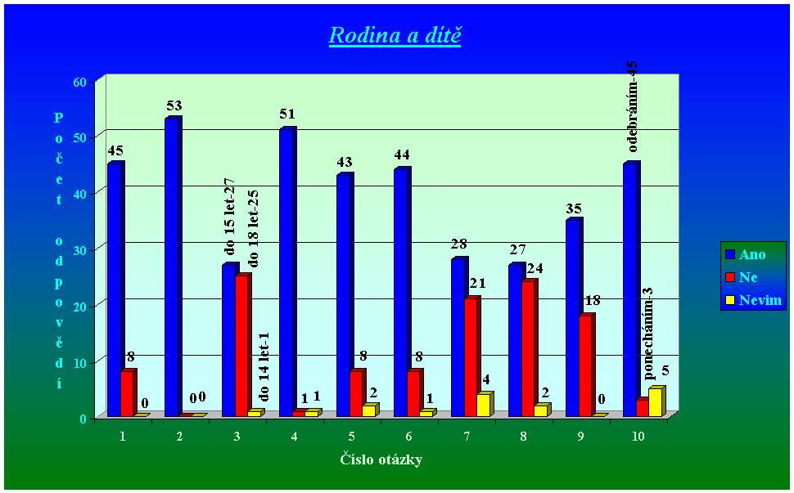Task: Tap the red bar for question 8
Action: click(x=529, y=348)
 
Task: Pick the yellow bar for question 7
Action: click(x=483, y=406)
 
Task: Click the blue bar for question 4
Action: click(x=286, y=272)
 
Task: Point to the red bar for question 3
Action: click(x=242, y=345)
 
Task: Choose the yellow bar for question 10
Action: click(x=655, y=402)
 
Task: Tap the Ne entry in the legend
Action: click(x=747, y=277)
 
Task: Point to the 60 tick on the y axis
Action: click(x=80, y=82)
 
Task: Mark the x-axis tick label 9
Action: click(x=580, y=437)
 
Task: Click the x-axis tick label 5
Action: click(x=351, y=437)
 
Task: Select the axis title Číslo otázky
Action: click(x=381, y=459)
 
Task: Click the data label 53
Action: click(x=174, y=105)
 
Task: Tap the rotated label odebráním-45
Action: click(x=633, y=106)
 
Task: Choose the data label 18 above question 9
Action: click(x=592, y=301)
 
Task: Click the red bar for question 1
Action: click(x=128, y=393)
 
